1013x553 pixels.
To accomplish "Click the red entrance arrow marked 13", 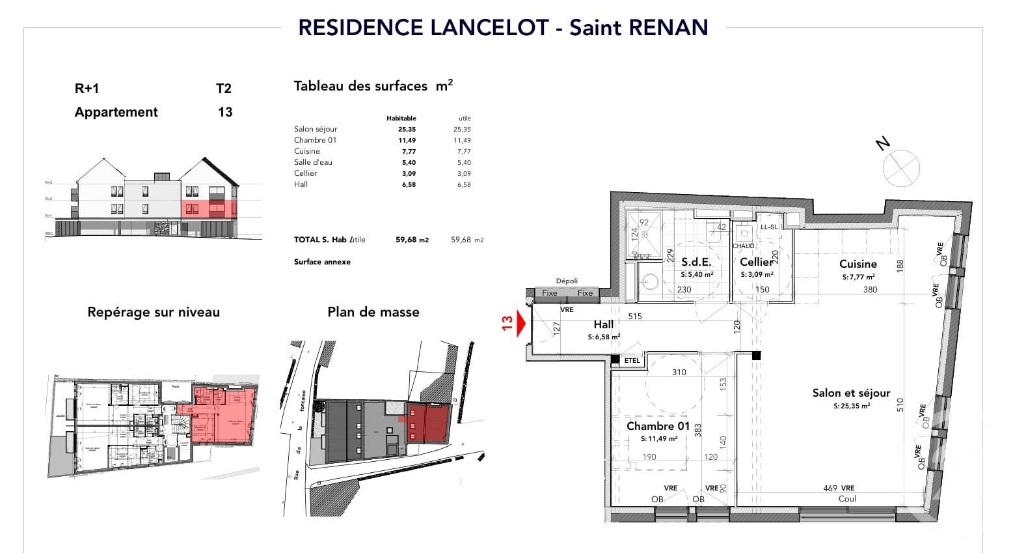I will pyautogui.click(x=520, y=323).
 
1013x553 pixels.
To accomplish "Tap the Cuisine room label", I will pyautogui.click(x=858, y=264).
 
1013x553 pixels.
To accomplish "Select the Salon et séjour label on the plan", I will pyautogui.click(x=851, y=393).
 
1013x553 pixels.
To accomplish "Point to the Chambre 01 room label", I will pyautogui.click(x=658, y=426).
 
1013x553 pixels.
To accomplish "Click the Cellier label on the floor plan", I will pyautogui.click(x=757, y=262).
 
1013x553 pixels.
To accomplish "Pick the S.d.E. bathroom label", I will pyautogui.click(x=696, y=262).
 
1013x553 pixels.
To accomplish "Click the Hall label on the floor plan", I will pyautogui.click(x=603, y=324).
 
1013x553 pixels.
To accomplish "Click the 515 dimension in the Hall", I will pyautogui.click(x=634, y=317).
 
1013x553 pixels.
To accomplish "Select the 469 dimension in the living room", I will pyautogui.click(x=830, y=488).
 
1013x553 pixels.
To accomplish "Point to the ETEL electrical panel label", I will pyautogui.click(x=632, y=360).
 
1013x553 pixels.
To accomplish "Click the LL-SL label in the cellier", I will pyautogui.click(x=769, y=227).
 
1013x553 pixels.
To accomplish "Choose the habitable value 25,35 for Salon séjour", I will pyautogui.click(x=407, y=129).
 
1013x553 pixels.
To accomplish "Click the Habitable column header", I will pyautogui.click(x=401, y=118).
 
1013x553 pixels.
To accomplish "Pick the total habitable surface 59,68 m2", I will pyautogui.click(x=412, y=240).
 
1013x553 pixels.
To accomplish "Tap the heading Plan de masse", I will pyautogui.click(x=373, y=312).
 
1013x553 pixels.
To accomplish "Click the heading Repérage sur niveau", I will pyautogui.click(x=154, y=312).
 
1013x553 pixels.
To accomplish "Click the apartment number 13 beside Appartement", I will pyautogui.click(x=225, y=112).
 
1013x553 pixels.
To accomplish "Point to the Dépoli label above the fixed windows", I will pyautogui.click(x=567, y=281).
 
